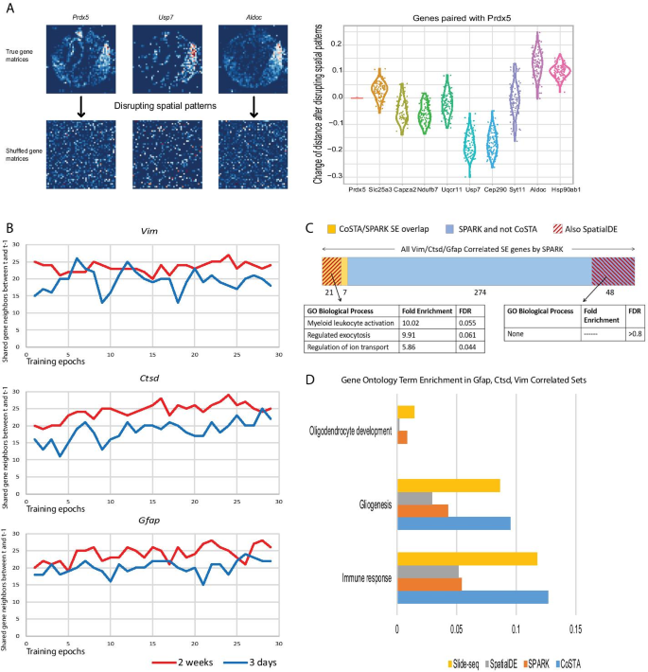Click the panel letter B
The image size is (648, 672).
(x=9, y=228)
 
